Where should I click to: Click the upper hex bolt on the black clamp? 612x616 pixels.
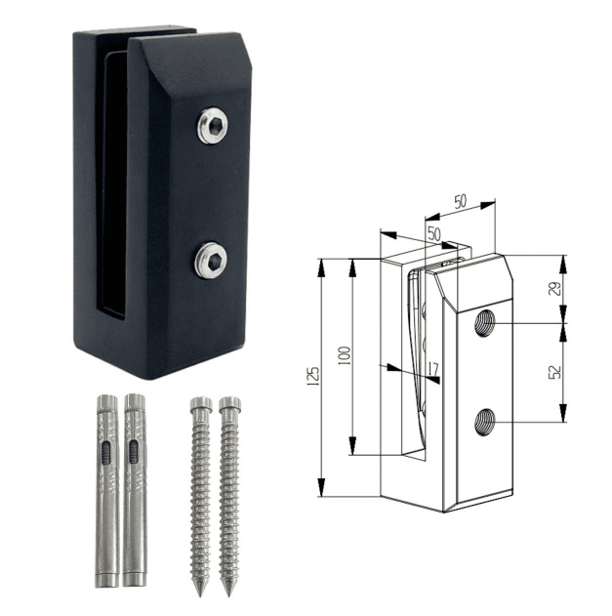(x=212, y=125)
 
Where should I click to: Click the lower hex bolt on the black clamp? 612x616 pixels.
(x=211, y=261)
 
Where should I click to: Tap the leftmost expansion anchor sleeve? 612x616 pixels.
(x=107, y=491)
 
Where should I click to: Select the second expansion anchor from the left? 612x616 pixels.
(x=135, y=490)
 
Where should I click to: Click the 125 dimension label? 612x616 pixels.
(x=313, y=377)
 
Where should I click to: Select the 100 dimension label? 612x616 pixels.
(x=345, y=356)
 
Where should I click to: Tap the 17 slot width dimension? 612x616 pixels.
(x=432, y=369)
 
